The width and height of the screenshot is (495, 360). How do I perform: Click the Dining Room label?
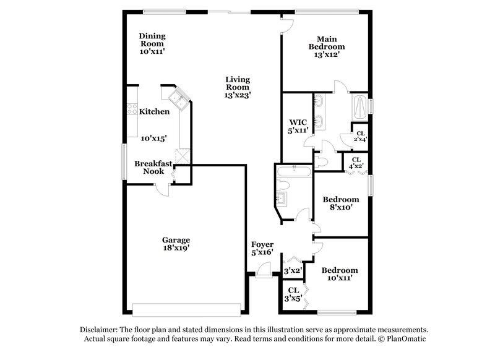(152, 44)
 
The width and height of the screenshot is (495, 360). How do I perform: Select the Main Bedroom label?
(328, 46)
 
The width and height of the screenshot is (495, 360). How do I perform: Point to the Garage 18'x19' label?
(176, 244)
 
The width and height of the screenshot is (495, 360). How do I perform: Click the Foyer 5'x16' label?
(262, 249)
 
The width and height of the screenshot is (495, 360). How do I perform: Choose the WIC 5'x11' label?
(299, 126)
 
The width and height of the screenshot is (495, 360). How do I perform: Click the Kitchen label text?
(154, 112)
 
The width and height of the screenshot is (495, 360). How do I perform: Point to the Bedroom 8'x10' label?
(341, 204)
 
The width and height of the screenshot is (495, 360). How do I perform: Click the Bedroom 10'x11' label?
(340, 274)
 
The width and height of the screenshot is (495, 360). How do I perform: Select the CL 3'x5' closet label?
(293, 293)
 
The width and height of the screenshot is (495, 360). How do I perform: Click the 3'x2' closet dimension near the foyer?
(292, 270)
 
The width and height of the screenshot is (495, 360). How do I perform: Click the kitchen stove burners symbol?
(132, 109)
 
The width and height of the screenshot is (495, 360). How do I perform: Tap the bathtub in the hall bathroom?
(295, 172)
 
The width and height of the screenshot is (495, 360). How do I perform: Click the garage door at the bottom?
(186, 309)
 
